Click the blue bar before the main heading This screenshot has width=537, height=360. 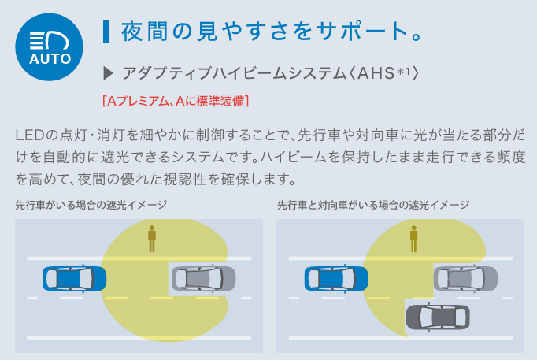pyautogui.click(x=106, y=32)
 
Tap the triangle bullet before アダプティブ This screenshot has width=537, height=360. pyautogui.click(x=109, y=74)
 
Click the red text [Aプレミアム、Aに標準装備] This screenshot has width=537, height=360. pyautogui.click(x=176, y=101)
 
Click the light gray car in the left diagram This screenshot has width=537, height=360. pyautogui.click(x=203, y=277)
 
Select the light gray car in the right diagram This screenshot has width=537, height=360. pyautogui.click(x=465, y=277)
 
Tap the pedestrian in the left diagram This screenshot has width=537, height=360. pyautogui.click(x=152, y=238)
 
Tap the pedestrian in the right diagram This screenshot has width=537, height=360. pyautogui.click(x=414, y=238)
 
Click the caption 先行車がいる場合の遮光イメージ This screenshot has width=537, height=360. pyautogui.click(x=91, y=205)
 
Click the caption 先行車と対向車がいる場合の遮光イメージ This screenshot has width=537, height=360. pyautogui.click(x=373, y=205)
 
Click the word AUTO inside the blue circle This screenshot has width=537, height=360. pyautogui.click(x=50, y=59)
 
